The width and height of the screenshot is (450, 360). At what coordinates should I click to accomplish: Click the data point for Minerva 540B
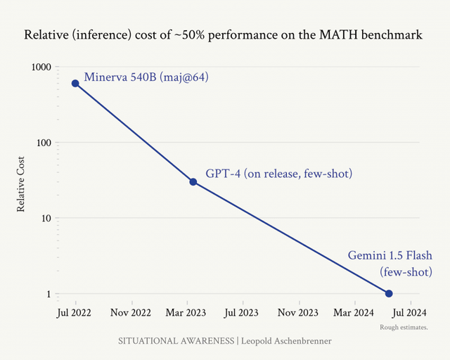(75, 84)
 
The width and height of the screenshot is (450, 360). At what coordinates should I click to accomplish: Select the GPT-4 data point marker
(193, 182)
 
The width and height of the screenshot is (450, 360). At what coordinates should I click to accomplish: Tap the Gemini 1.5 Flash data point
(389, 293)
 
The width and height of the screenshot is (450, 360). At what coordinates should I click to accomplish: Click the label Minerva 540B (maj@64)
(146, 76)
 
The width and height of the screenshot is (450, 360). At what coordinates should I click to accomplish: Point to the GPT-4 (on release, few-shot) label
(278, 174)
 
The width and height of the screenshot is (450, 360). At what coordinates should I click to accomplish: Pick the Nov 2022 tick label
(131, 311)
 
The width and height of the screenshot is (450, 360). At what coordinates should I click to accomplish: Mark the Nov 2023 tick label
(299, 311)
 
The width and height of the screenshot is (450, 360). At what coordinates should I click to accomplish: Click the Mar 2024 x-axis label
(354, 311)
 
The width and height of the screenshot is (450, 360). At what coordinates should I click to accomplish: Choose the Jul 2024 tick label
(409, 311)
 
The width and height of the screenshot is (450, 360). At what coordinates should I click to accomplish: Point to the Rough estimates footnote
(404, 328)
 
